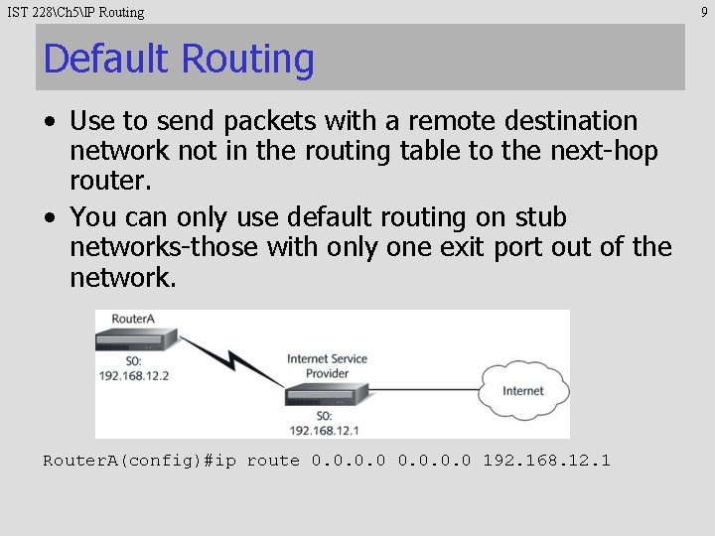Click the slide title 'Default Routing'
179,59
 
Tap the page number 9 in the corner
705,12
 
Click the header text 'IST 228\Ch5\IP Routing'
75,12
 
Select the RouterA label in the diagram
133,320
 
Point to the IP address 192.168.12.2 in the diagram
134,377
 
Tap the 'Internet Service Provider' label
327,366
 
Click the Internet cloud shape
523,391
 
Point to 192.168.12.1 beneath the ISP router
325,430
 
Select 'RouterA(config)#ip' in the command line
139,461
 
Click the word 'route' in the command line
273,461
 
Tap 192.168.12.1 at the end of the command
546,461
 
